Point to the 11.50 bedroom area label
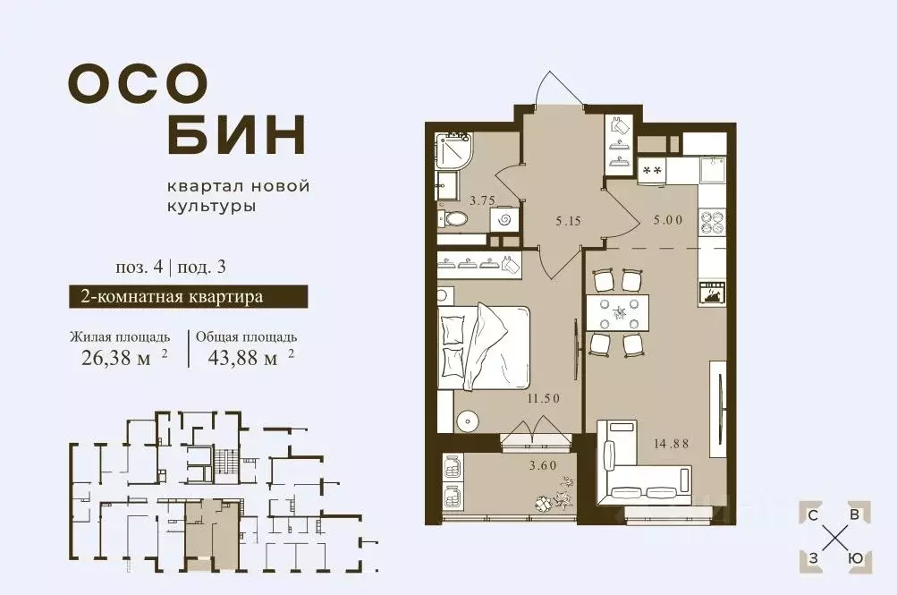(543, 398)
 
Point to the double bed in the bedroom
(483, 347)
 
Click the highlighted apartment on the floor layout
(213, 533)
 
